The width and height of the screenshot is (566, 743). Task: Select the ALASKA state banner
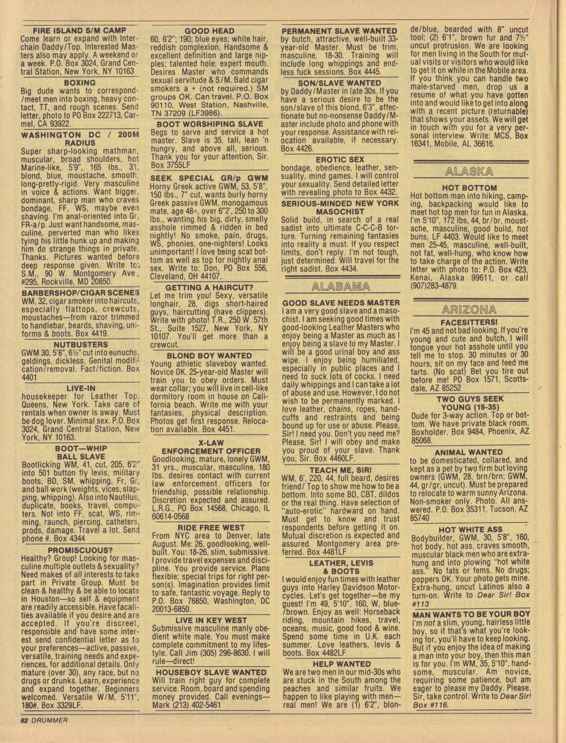point(469,172)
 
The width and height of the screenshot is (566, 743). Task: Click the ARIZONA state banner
point(469,309)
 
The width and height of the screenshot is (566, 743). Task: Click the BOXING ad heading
point(80,82)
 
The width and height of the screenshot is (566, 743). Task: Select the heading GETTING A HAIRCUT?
point(209,287)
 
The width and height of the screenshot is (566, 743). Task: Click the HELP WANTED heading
point(341,663)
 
